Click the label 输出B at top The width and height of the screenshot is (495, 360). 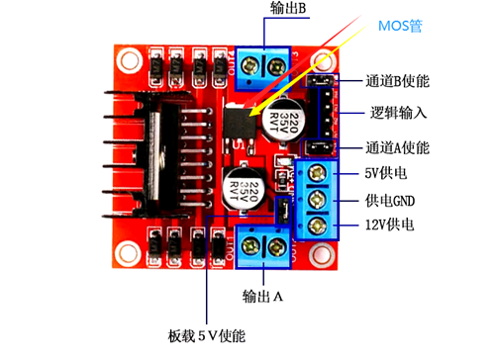click(288, 9)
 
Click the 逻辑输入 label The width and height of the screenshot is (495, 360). click(398, 112)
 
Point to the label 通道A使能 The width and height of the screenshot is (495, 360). click(396, 148)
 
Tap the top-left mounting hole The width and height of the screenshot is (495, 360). click(125, 65)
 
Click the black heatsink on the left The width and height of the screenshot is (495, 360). click(158, 158)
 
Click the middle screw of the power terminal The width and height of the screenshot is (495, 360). click(318, 202)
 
